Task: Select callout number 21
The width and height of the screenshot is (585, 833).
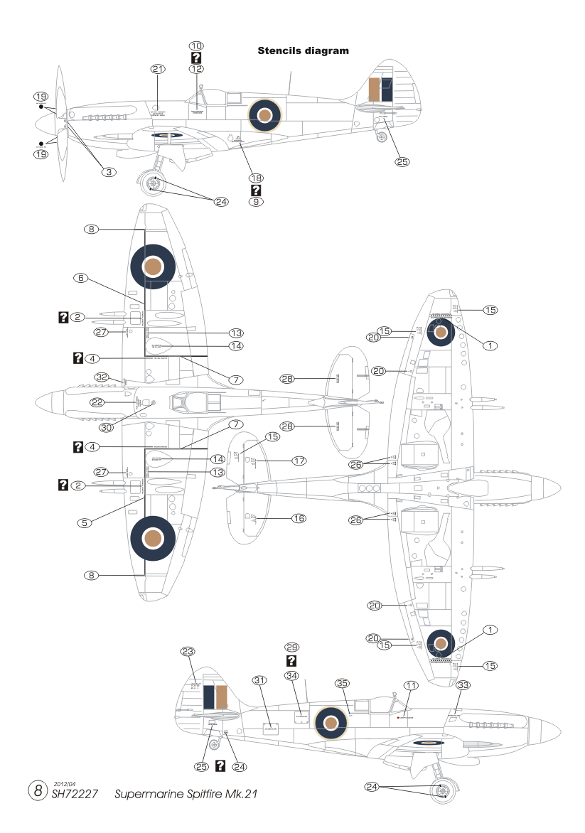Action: point(158,68)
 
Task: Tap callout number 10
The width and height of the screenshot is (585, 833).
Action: point(196,45)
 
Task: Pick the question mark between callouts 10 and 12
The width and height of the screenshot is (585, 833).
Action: point(196,58)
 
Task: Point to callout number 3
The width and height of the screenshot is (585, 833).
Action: point(108,171)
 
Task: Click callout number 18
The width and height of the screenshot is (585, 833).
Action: point(256,177)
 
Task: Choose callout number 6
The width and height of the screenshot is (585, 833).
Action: point(82,279)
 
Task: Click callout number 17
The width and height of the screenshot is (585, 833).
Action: point(299,461)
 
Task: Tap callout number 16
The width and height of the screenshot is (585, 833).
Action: point(299,519)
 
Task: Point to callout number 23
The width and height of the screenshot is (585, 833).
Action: point(188,651)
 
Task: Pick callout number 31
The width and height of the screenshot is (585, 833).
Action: point(259,680)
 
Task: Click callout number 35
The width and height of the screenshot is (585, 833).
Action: point(343,683)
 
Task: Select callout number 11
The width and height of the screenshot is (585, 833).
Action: point(411,685)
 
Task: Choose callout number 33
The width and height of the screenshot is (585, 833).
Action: point(463,685)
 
